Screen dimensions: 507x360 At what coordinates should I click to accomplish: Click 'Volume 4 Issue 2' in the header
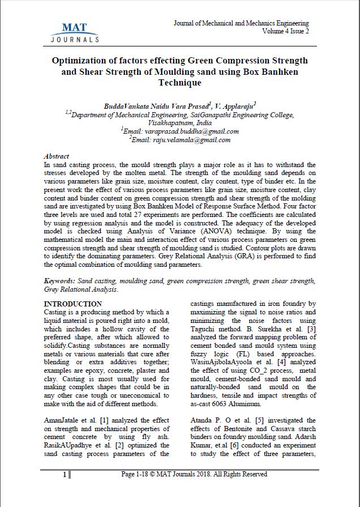point(285,31)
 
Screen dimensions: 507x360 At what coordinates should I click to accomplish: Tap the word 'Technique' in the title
point(179,83)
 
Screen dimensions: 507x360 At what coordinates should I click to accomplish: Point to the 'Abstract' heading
point(57,156)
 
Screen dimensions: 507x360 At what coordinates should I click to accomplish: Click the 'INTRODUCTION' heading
point(73,304)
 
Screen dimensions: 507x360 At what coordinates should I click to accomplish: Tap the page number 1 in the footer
point(65,474)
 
